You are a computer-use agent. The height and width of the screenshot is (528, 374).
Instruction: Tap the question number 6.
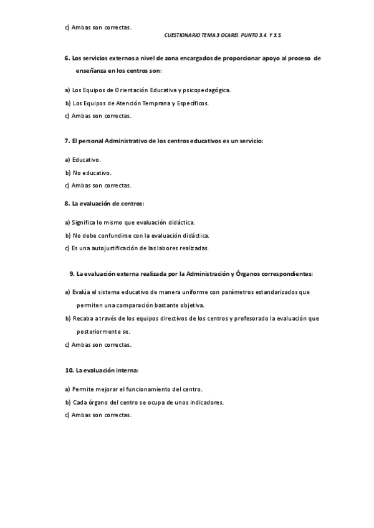coord(67,57)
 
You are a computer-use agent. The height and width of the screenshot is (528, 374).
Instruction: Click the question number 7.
coord(67,141)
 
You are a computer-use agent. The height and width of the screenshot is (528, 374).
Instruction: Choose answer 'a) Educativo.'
coord(82,160)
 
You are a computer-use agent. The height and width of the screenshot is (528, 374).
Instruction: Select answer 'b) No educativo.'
coord(88,172)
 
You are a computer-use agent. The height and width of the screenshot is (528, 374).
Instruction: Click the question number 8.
coord(67,203)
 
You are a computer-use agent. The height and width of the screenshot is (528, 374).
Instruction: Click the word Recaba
coord(82,318)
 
